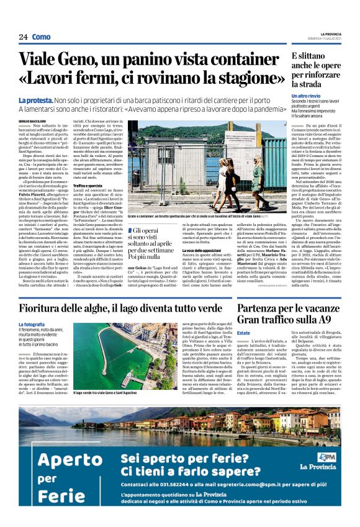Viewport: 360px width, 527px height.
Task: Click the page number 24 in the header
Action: pos(24,37)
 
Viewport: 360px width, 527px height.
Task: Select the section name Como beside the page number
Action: pos(42,37)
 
